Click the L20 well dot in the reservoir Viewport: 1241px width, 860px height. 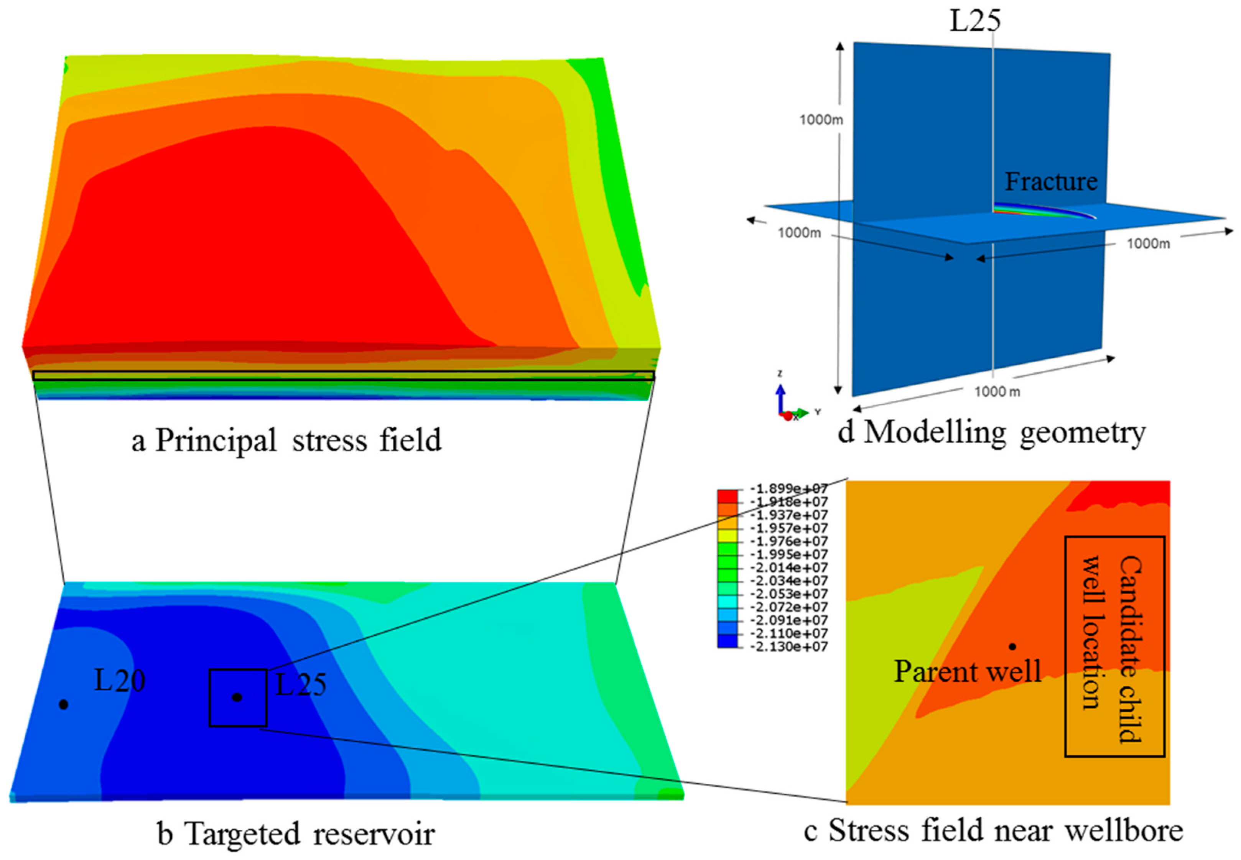pos(64,704)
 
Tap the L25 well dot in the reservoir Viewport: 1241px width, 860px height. pos(237,697)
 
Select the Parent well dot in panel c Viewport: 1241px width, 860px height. pos(1012,646)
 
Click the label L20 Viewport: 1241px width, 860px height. pos(120,681)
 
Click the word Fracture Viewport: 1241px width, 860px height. pos(1051,182)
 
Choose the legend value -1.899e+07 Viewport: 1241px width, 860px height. pos(789,489)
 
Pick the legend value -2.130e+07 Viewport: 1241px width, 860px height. pos(789,646)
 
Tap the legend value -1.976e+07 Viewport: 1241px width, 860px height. pos(789,541)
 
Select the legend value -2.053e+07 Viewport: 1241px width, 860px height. pos(789,594)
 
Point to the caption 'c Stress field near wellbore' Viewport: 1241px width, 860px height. pos(993,830)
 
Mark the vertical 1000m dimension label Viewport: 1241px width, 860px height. pos(821,120)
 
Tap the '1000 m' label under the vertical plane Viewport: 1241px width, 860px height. pos(997,392)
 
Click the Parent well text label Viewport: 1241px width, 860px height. pos(967,672)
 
